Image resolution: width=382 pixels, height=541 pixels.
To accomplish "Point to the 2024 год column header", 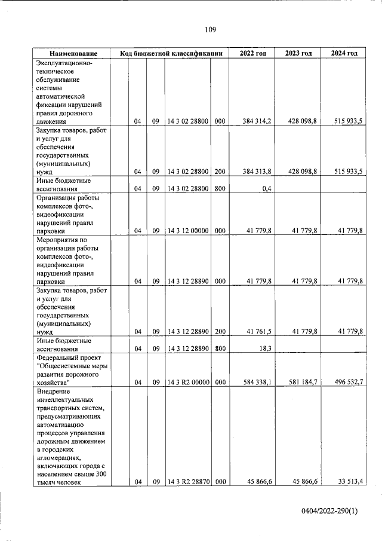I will [x=344, y=53].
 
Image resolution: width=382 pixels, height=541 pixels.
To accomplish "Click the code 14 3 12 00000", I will [x=187, y=231].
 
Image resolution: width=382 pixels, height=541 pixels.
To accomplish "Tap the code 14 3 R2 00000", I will [x=187, y=381].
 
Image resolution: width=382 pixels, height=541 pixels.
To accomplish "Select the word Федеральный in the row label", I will [x=57, y=357].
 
